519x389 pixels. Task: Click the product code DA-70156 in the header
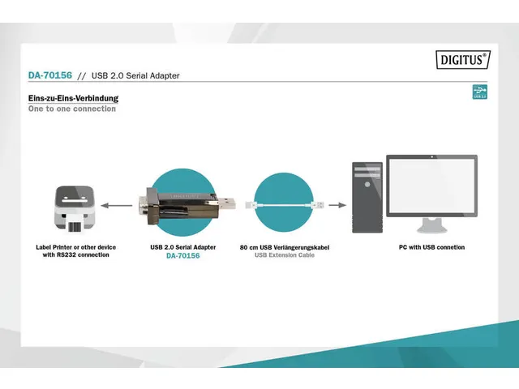[49, 75]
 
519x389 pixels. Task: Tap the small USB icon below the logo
[479, 93]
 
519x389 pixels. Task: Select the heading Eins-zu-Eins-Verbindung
[73, 99]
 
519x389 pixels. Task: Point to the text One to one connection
[72, 109]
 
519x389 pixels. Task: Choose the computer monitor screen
[431, 186]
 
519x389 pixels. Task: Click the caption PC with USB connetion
[431, 247]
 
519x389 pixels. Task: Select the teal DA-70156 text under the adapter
[182, 256]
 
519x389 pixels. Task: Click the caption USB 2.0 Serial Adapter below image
[182, 247]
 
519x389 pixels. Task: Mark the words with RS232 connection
[75, 255]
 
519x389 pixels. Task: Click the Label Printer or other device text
[75, 247]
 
